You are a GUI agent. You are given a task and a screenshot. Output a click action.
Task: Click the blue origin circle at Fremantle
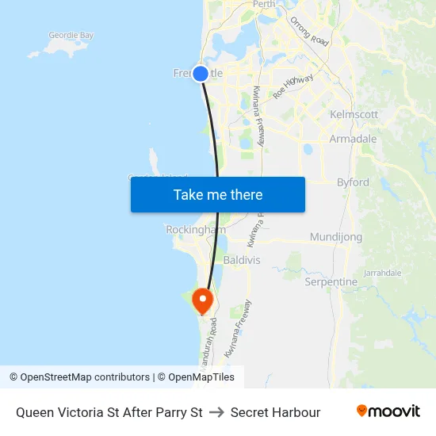[x=201, y=74]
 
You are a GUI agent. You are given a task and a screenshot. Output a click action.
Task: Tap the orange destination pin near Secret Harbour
[x=203, y=301]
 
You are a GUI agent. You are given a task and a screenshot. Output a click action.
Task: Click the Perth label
[x=264, y=4]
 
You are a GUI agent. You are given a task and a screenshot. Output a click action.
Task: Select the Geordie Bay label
[x=71, y=36]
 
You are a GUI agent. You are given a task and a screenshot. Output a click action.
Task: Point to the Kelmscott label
[x=354, y=114]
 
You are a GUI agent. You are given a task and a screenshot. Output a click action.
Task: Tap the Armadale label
[x=354, y=139]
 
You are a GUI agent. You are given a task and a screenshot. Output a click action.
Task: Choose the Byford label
[x=353, y=182]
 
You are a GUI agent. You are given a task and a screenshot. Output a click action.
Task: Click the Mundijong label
[x=336, y=237]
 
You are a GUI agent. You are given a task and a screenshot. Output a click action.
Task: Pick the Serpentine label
[x=331, y=281]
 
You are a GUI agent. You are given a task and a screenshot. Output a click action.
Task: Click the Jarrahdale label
[x=383, y=273]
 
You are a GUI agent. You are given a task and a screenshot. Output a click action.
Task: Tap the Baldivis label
[x=242, y=260]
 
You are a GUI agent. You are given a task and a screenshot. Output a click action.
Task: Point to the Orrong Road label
[x=309, y=32]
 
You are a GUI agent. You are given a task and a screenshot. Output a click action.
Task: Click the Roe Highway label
[x=293, y=86]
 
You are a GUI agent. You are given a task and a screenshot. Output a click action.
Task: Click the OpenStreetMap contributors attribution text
[x=85, y=377]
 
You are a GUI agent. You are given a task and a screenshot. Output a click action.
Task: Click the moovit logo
[x=388, y=411]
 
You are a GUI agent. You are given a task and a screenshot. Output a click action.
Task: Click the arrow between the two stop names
[x=216, y=412]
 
